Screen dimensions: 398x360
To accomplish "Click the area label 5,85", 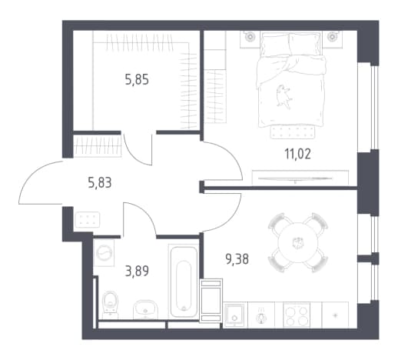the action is [x=137, y=80].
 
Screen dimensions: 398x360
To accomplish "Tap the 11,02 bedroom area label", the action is [x=297, y=154].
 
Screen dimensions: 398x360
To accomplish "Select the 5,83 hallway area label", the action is [x=100, y=183].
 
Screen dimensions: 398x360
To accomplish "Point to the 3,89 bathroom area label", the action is [x=137, y=271].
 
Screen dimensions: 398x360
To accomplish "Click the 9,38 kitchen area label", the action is [x=237, y=259].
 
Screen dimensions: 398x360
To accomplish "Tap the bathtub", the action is [x=184, y=282].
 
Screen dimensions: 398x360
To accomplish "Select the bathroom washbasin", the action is [x=145, y=308].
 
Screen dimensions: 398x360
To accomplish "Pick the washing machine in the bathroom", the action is [x=104, y=253].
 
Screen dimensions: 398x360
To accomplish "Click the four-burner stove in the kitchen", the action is [x=297, y=315].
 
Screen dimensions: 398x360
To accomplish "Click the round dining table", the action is [x=298, y=243].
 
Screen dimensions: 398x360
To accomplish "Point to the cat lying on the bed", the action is [x=283, y=95].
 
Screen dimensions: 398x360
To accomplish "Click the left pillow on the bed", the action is [x=275, y=45].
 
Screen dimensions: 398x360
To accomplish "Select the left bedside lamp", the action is [x=249, y=36].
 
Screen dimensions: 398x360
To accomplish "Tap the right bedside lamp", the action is [x=332, y=36].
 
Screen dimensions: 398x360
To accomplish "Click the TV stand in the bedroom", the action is [x=300, y=178].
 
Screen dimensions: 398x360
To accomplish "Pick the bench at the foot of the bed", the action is [x=292, y=132].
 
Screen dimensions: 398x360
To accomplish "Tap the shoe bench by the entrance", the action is [x=88, y=220].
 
